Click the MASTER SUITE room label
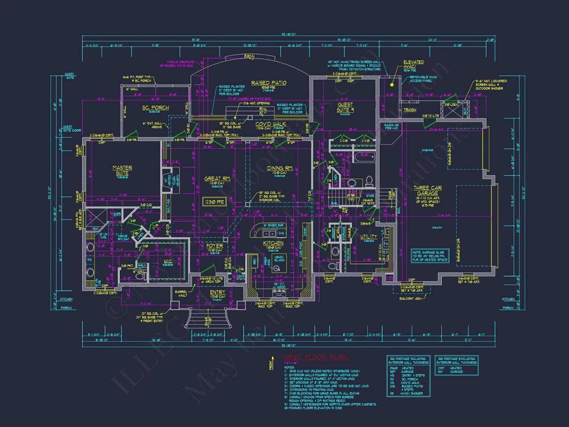coord(122,170)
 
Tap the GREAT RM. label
coord(217,179)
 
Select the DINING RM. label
coord(280,168)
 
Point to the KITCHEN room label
coord(273,243)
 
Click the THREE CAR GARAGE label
coord(428,191)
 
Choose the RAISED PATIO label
coord(269,83)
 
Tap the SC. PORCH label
coord(156,108)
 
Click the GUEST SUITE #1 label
coord(345,107)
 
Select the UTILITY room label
coord(369,236)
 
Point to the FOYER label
coord(214,246)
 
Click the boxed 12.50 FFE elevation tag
coord(215,202)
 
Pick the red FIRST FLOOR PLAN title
coord(315,357)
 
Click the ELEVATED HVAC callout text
coord(413,64)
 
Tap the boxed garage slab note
coord(430,256)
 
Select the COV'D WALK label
coord(271,124)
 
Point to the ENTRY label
coord(218,292)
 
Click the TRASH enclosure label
coord(410,110)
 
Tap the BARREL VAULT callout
coord(181,293)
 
